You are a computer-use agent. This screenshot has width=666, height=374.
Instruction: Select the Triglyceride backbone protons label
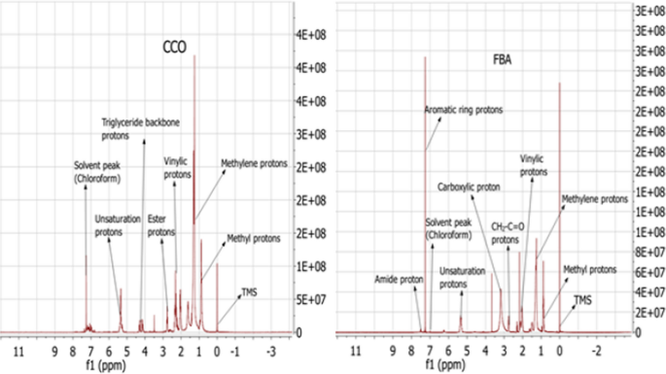click(x=136, y=128)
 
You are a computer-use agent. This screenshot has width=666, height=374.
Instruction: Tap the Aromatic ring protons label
click(x=464, y=111)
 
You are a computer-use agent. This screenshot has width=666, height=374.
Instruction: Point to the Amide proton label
click(x=400, y=279)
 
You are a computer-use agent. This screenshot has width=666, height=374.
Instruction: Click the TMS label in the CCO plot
click(x=249, y=290)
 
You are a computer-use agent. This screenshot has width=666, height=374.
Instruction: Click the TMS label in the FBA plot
click(x=582, y=300)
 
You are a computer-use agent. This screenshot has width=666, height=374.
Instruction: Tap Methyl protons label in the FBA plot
click(x=590, y=269)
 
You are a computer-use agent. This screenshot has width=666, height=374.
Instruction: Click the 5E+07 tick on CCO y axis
click(x=308, y=299)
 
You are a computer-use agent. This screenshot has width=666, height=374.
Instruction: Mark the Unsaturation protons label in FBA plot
click(x=462, y=278)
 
